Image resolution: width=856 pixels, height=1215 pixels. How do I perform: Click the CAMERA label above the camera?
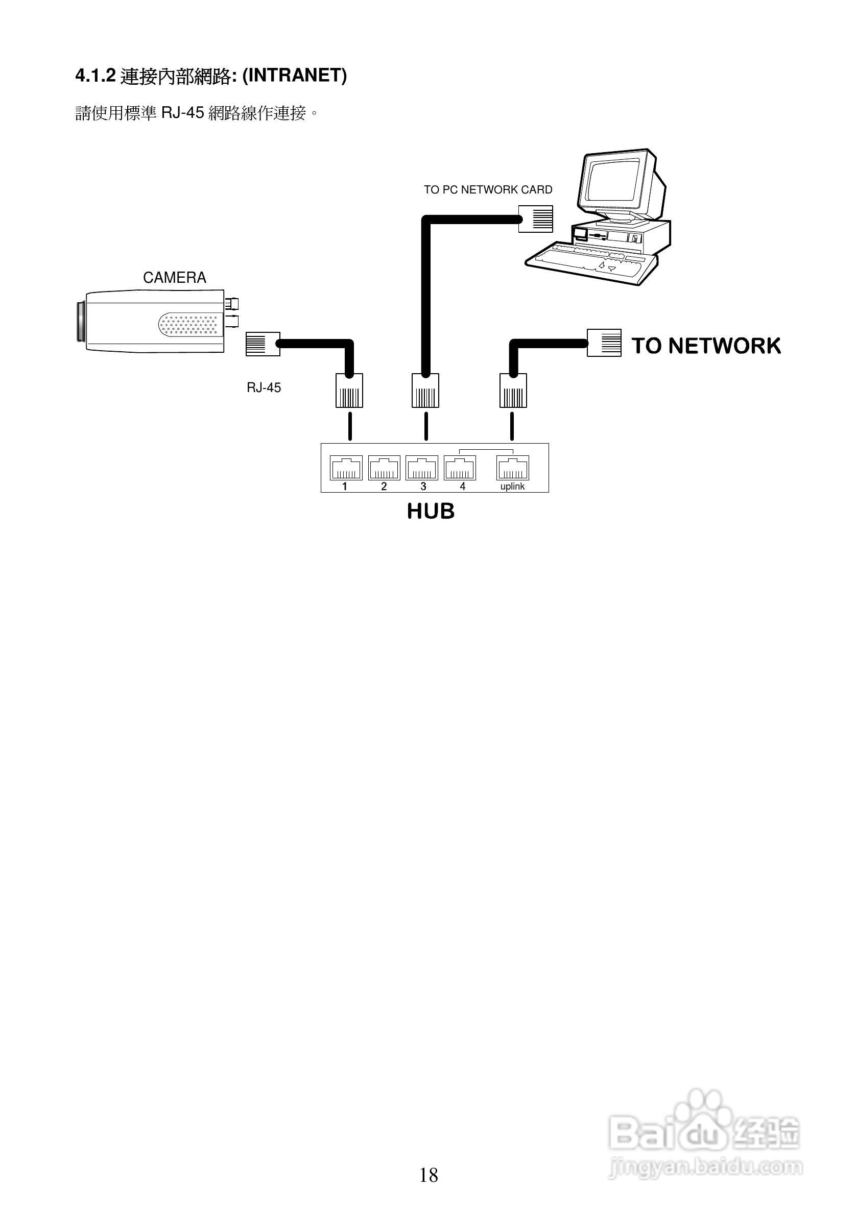174,277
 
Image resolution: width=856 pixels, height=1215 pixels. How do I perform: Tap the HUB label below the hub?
431,511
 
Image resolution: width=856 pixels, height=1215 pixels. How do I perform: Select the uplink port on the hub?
512,468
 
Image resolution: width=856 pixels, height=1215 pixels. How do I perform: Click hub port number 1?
346,468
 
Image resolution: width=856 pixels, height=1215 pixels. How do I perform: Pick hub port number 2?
384,468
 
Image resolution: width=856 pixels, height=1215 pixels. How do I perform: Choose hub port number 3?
422,468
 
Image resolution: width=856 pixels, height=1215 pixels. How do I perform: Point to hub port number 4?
460,468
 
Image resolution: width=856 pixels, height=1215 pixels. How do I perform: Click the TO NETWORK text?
706,346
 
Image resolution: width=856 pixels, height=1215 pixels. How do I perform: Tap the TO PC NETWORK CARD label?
488,189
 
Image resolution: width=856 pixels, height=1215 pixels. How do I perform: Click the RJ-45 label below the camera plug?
264,388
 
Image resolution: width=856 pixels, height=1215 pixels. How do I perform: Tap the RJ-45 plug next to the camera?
263,344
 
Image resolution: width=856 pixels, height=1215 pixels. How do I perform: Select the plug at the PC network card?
536,219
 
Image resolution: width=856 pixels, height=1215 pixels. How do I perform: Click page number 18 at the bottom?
429,1175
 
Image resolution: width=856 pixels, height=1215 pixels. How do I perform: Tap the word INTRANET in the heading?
294,76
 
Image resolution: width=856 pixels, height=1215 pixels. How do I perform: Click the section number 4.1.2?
96,76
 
